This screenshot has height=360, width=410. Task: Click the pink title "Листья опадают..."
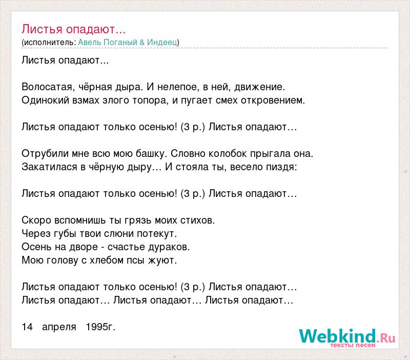[x=73, y=29]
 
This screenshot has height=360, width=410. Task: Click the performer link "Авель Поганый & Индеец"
[x=128, y=42]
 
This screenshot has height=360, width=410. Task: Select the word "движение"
[x=259, y=87]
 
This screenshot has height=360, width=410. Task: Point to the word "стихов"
[x=197, y=221]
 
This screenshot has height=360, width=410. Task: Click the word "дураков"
[x=169, y=247]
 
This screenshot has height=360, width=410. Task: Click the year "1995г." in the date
[x=100, y=327]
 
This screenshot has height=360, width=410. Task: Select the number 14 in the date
[x=27, y=327]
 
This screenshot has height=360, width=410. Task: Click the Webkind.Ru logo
[x=347, y=337]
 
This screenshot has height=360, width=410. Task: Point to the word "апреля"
[x=59, y=327]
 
